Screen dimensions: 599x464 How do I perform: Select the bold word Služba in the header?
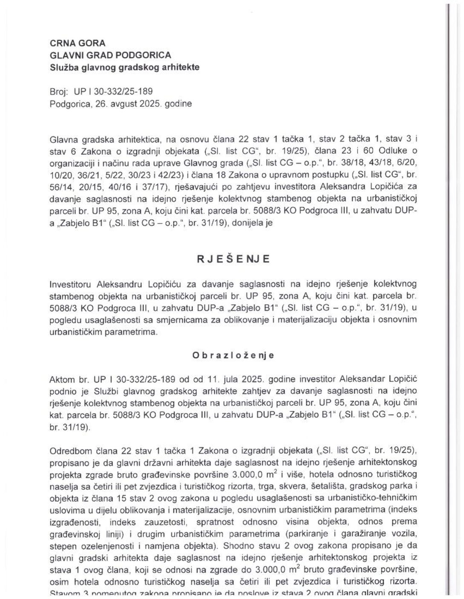tap(64, 67)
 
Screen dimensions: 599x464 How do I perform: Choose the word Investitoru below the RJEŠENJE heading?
tap(71, 284)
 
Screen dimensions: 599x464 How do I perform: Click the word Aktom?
tap(61, 379)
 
